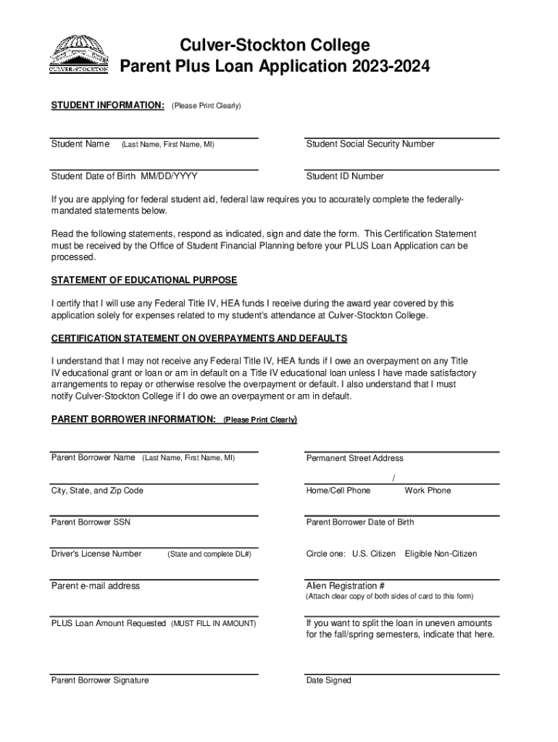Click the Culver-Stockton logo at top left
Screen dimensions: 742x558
tap(79, 55)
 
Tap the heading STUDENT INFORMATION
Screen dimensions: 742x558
tap(107, 106)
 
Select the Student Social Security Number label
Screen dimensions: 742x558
tap(370, 144)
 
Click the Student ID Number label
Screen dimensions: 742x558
tap(345, 176)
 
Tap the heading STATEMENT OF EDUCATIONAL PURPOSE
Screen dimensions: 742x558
tap(144, 280)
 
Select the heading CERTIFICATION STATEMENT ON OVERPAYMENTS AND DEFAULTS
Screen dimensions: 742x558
tap(199, 338)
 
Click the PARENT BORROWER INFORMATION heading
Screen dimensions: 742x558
tap(133, 420)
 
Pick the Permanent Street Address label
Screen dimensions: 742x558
tap(354, 458)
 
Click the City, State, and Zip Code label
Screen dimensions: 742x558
tap(97, 491)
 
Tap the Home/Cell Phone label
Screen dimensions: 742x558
tap(338, 491)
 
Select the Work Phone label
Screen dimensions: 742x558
tap(428, 491)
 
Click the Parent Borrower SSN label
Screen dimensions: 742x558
tap(91, 522)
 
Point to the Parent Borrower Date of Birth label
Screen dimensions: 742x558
tap(360, 522)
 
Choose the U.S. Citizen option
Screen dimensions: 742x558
tap(374, 554)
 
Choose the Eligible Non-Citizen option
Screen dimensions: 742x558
tap(441, 554)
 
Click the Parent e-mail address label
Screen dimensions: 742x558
tap(95, 585)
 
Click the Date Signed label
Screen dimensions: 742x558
tap(328, 680)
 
